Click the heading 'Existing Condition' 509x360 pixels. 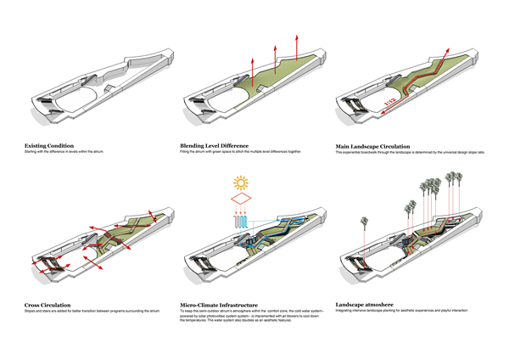(x=48, y=146)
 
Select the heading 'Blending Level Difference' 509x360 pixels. (x=217, y=146)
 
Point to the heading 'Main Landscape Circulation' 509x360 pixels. (x=378, y=146)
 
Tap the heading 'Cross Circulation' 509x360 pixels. (x=48, y=303)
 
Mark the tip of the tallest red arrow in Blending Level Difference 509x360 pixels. (x=298, y=37)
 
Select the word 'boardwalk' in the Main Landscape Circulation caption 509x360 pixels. (x=374, y=152)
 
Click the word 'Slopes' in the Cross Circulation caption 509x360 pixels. (x=31, y=310)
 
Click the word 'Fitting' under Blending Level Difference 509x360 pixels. (x=186, y=152)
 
